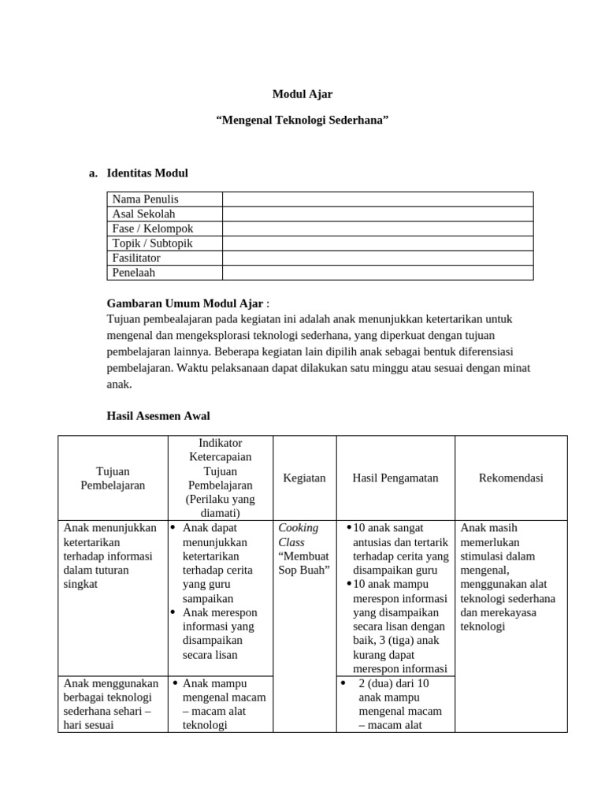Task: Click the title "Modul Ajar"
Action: click(302, 94)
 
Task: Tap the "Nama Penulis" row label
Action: click(145, 199)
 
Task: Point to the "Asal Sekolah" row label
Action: click(143, 214)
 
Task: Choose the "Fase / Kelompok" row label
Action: click(152, 229)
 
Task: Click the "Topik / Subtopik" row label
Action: click(152, 244)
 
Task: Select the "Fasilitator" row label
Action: click(136, 258)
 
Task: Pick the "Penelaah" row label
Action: click(133, 273)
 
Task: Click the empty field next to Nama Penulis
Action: click(377, 199)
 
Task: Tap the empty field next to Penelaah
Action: click(377, 273)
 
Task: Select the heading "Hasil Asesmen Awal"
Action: click(158, 415)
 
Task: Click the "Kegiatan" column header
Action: click(303, 478)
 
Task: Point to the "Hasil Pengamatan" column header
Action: click(395, 478)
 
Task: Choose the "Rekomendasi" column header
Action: click(510, 478)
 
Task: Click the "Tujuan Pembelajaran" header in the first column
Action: click(113, 478)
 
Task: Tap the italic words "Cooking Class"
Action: click(298, 535)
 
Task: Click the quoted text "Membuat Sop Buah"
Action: click(303, 563)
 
